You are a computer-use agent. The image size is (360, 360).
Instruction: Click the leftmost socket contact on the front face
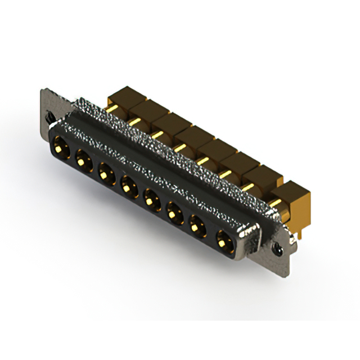pos(60,150)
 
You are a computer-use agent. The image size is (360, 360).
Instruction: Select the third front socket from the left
pos(105,171)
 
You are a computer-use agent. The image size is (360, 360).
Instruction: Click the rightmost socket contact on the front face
pos(223,238)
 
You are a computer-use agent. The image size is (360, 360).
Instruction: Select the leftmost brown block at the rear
pos(119,97)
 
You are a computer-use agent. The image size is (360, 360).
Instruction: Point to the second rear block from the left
pos(143,110)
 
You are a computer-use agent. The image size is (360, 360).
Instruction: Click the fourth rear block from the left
pos(191,137)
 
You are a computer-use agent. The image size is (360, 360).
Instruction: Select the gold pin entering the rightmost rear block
pos(276,198)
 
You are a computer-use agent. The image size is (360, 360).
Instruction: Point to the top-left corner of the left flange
pos(43,91)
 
